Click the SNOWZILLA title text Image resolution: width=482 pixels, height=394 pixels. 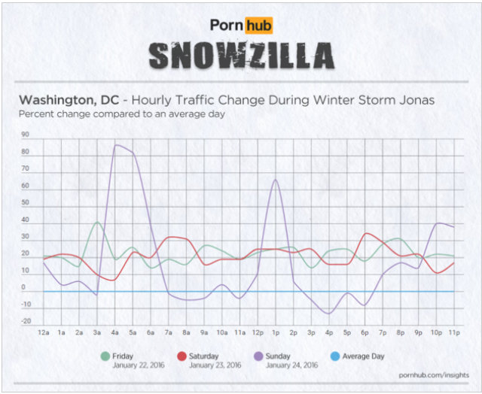[x=240, y=55]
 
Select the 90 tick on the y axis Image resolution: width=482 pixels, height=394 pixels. [x=26, y=135]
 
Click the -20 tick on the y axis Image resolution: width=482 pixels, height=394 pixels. [x=26, y=322]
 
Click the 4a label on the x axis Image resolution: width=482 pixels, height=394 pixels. [x=115, y=332]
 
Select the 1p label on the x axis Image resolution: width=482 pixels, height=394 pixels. [x=276, y=332]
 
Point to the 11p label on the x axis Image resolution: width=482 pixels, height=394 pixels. [x=454, y=332]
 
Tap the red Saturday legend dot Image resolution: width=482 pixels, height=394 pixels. [x=182, y=356]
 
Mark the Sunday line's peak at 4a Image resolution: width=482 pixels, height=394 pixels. [x=116, y=145]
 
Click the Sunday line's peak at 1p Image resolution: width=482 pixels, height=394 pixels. [x=276, y=180]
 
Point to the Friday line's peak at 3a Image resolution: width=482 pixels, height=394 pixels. [x=96, y=222]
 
